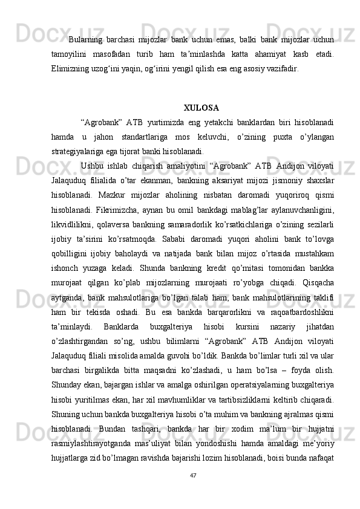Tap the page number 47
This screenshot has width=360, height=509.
click(x=193, y=492)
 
